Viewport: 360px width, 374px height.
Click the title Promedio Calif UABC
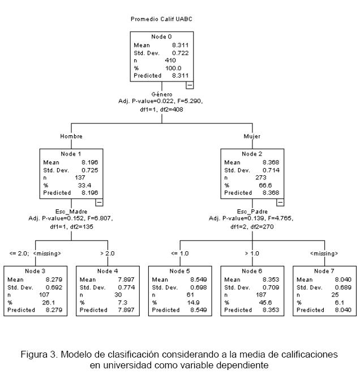pyautogui.click(x=162, y=19)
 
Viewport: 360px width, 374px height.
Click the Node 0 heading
pyautogui.click(x=162, y=37)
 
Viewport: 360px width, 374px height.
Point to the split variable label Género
pyautogui.click(x=162, y=94)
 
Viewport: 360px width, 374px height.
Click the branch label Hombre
pyautogui.click(x=71, y=136)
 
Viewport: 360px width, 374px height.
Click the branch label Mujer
pyautogui.click(x=252, y=136)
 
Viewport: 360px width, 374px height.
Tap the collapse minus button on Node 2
pyautogui.click(x=280, y=202)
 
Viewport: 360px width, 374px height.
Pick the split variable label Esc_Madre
pyautogui.click(x=71, y=211)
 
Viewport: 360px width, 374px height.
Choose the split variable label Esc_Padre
pyautogui.click(x=252, y=211)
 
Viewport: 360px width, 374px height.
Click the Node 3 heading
pyautogui.click(x=35, y=271)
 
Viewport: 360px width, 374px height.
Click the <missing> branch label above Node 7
pyautogui.click(x=324, y=253)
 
